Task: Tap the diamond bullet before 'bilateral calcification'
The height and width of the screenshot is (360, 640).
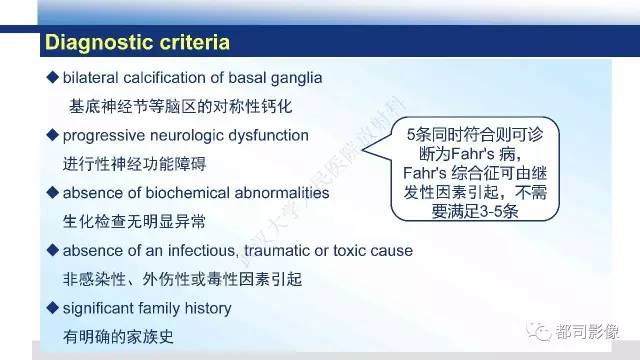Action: click(52, 78)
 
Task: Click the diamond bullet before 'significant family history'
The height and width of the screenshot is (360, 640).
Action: click(52, 306)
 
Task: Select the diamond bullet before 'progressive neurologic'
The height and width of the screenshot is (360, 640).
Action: click(52, 134)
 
